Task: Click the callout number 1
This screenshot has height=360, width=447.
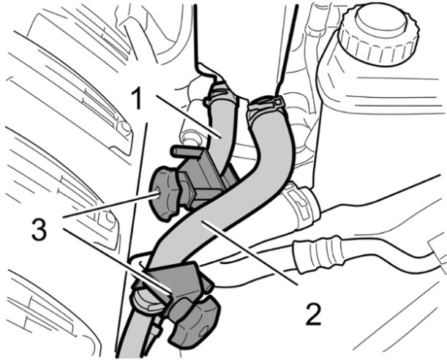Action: pyautogui.click(x=138, y=98)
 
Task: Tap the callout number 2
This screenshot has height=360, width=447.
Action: pyautogui.click(x=313, y=314)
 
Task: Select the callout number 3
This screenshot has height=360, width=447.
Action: pyautogui.click(x=39, y=229)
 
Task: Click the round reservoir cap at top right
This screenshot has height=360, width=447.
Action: pyautogui.click(x=379, y=34)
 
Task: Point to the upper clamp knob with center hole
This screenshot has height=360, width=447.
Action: pyautogui.click(x=163, y=193)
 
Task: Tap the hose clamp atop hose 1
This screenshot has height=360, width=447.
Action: pyautogui.click(x=221, y=93)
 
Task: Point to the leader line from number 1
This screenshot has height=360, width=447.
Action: pyautogui.click(x=189, y=117)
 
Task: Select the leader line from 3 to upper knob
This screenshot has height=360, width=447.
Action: pyautogui.click(x=110, y=205)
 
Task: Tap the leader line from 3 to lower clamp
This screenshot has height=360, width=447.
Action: pyautogui.click(x=117, y=260)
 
